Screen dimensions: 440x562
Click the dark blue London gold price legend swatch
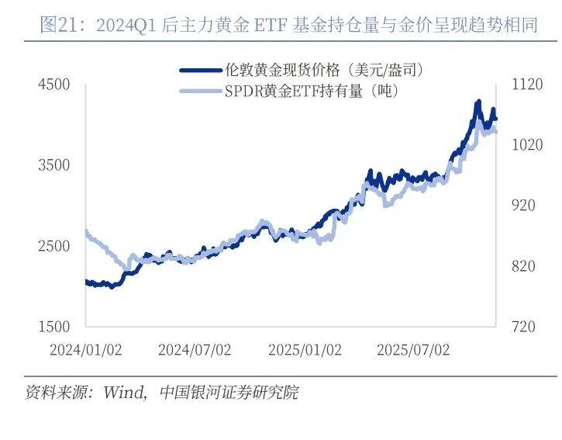click(x=201, y=70)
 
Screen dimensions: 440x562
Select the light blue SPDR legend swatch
click(x=201, y=92)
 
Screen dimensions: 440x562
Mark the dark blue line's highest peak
click(x=478, y=102)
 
